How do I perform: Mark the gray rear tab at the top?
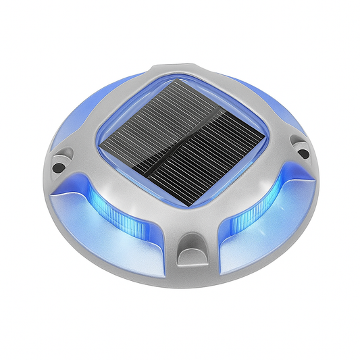172,72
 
